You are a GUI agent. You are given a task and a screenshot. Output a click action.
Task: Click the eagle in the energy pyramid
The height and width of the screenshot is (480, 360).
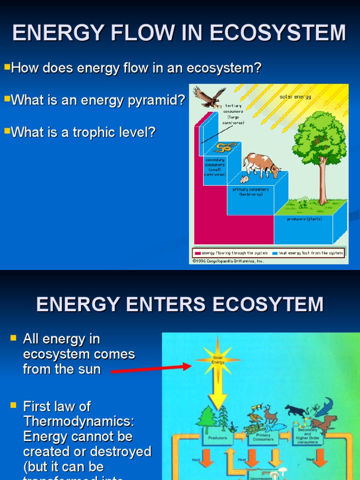(x=209, y=97)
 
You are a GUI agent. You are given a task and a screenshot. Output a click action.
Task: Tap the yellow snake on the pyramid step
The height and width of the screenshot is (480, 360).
(x=225, y=147)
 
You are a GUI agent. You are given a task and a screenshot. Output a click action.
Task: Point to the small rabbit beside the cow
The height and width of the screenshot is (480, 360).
(x=245, y=179)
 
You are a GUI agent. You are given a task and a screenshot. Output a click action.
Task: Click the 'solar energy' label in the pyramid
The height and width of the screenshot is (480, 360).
(x=295, y=97)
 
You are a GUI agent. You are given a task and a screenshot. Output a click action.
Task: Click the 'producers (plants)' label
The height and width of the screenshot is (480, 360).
(x=304, y=219)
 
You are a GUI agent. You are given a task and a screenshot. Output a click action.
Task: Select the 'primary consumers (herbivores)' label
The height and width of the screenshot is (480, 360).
(x=251, y=192)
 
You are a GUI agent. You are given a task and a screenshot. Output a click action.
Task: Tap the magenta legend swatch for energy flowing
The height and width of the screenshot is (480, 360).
(x=197, y=253)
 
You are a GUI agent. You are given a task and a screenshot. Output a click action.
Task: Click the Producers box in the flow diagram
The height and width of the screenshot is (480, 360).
(x=217, y=438)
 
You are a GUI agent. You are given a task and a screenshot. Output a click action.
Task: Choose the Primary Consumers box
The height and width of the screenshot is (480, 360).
(x=263, y=437)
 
